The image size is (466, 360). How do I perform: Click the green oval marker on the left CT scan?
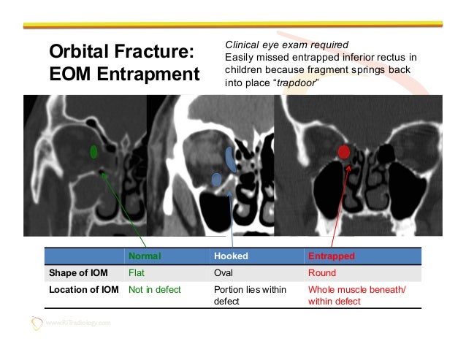pyautogui.click(x=93, y=152)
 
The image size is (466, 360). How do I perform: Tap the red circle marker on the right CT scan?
pyautogui.click(x=343, y=152)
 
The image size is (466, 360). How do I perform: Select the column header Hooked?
pyautogui.click(x=231, y=257)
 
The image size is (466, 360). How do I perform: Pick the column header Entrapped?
pyautogui.click(x=332, y=257)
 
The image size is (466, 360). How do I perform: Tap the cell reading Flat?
pyautogui.click(x=137, y=273)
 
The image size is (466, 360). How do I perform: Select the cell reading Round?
pyautogui.click(x=322, y=273)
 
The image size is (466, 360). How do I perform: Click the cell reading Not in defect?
pyautogui.click(x=154, y=289)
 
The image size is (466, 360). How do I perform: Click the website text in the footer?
pyautogui.click(x=77, y=323)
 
